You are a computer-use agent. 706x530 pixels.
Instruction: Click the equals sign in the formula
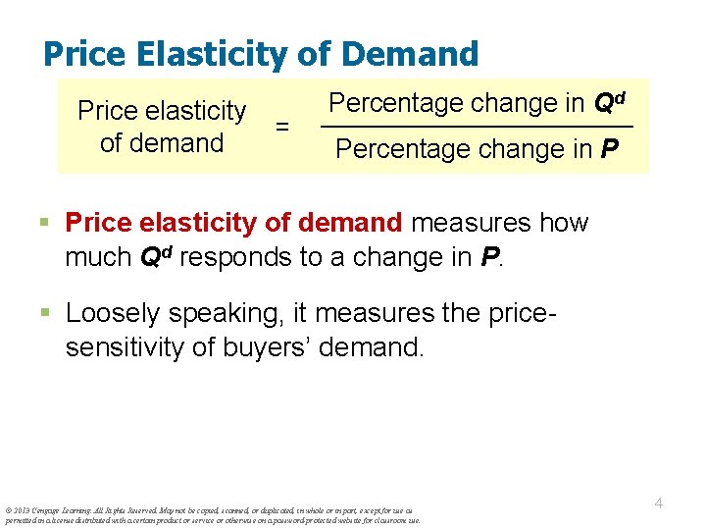(282, 127)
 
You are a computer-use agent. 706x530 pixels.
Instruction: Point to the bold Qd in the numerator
(607, 103)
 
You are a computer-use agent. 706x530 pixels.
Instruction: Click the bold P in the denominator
(611, 149)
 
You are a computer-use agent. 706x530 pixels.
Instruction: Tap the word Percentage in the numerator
(396, 104)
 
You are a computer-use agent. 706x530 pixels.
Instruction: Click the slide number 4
(659, 503)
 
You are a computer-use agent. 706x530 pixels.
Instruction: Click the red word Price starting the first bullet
(97, 223)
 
